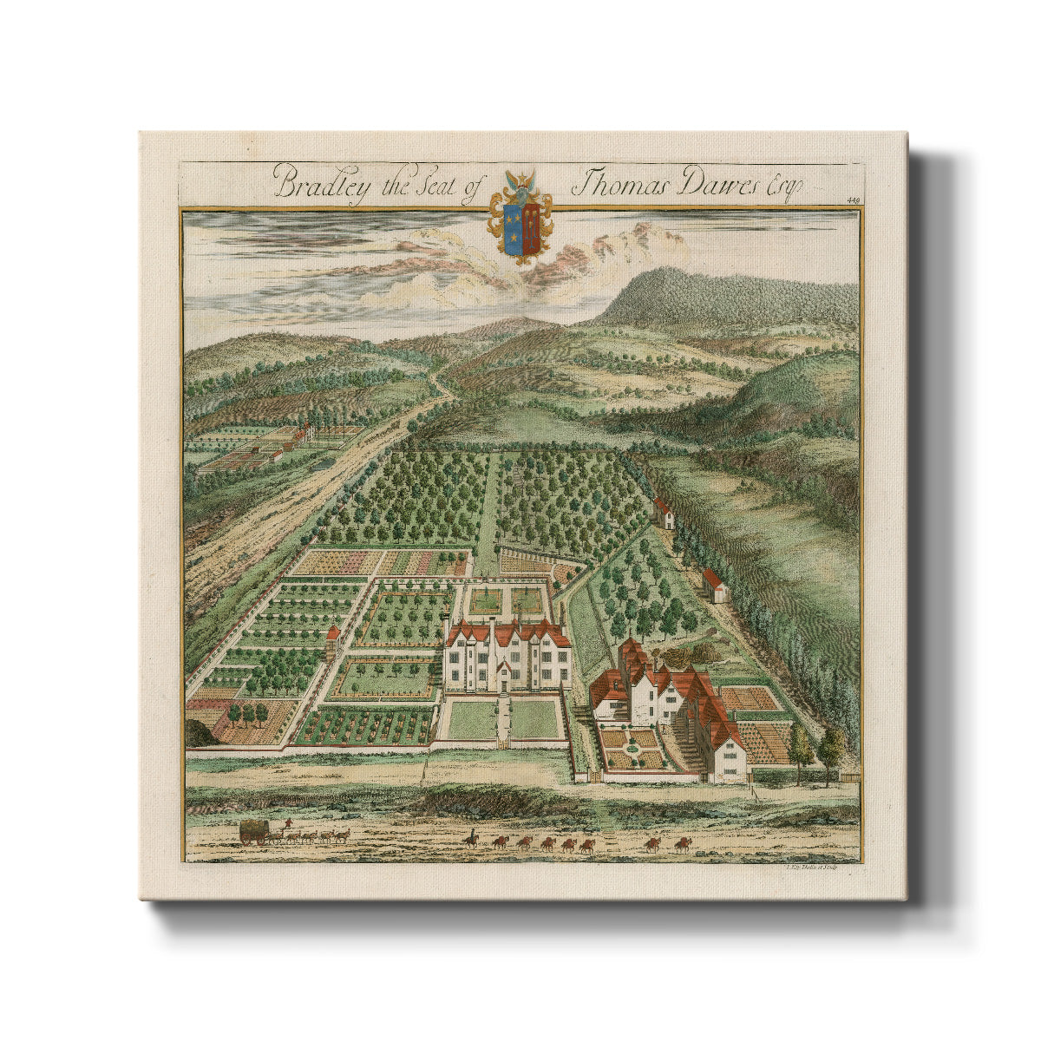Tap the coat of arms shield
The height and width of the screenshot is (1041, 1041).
[520, 229]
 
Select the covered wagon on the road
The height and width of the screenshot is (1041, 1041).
[254, 832]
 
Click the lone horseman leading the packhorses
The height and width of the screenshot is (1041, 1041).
[471, 838]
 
